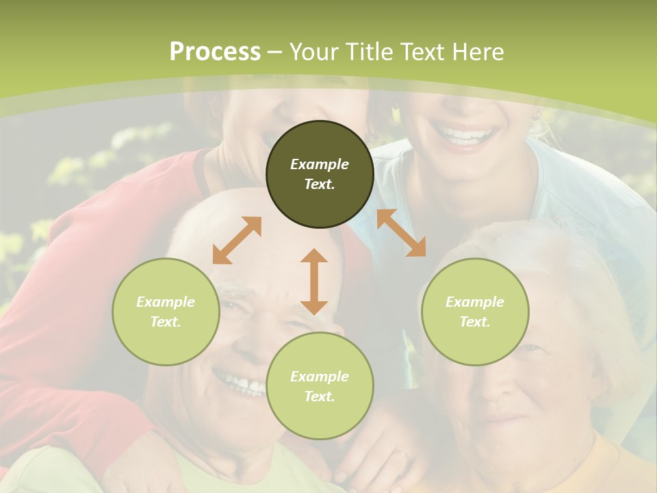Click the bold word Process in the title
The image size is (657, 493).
pos(215,52)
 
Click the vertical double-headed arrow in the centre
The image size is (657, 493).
pos(314,281)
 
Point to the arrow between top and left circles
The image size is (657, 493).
pos(237,240)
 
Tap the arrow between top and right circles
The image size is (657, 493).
pos(401,233)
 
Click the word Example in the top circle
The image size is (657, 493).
pos(320,164)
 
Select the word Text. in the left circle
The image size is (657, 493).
pos(166,322)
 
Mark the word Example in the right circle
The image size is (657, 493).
pos(475,302)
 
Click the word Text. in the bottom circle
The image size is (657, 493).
pos(320,396)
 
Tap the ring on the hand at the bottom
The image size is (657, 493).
pos(402,453)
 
